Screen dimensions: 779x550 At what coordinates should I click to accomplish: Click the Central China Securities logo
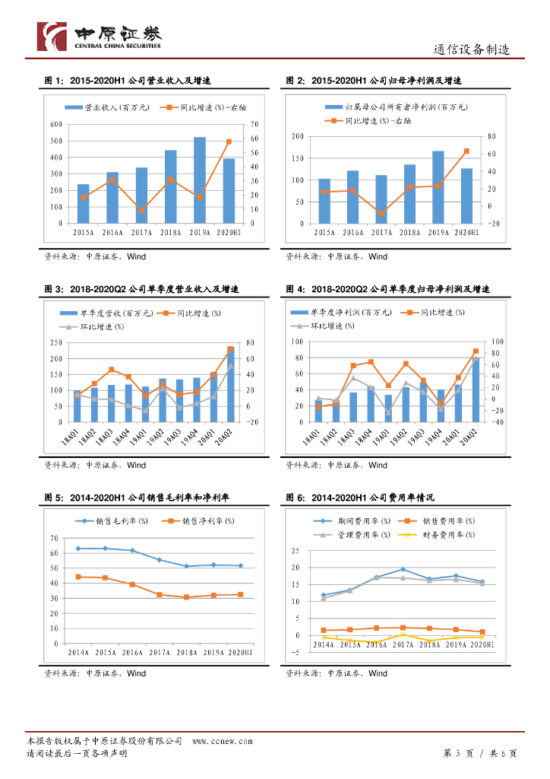(100, 36)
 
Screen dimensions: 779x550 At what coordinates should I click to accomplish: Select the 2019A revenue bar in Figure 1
(199, 180)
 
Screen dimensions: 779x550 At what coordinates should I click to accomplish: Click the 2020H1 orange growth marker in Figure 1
(229, 141)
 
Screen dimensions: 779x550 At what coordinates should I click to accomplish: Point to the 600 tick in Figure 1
(56, 124)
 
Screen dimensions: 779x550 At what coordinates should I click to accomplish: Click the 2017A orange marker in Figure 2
(381, 213)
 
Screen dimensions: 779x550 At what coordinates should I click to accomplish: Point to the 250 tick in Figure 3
(56, 342)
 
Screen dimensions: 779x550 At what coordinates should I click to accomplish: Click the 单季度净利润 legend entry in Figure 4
(343, 313)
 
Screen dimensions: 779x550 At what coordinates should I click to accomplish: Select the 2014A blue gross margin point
(78, 548)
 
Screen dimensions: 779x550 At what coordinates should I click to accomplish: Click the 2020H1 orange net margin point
(241, 594)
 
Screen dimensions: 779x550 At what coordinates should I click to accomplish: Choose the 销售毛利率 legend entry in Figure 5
(112, 521)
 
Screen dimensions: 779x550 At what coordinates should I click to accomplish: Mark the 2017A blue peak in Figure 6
(403, 569)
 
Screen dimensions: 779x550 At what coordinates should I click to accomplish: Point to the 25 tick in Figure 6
(296, 550)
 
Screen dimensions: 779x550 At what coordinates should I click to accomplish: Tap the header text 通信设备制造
(471, 49)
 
